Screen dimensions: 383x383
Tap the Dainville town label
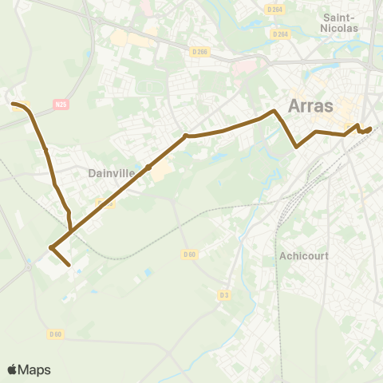click(x=105, y=172)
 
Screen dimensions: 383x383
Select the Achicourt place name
click(x=304, y=256)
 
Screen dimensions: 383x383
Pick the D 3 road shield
click(x=224, y=294)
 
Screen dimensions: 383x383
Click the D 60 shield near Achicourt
click(x=188, y=255)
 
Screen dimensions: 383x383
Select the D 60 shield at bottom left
click(x=55, y=334)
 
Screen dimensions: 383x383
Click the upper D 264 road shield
click(x=275, y=9)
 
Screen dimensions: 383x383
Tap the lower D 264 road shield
click(x=279, y=34)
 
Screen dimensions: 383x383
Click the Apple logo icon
click(x=12, y=369)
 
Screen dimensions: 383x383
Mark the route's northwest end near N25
click(x=13, y=103)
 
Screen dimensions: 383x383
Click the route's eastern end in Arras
click(x=370, y=128)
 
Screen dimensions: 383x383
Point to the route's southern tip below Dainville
click(x=70, y=265)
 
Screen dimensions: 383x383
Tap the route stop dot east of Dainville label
click(x=149, y=168)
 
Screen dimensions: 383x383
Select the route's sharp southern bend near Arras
click(x=297, y=147)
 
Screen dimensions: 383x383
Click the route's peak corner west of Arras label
click(x=275, y=111)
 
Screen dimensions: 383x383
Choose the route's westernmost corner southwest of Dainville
click(x=50, y=248)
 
